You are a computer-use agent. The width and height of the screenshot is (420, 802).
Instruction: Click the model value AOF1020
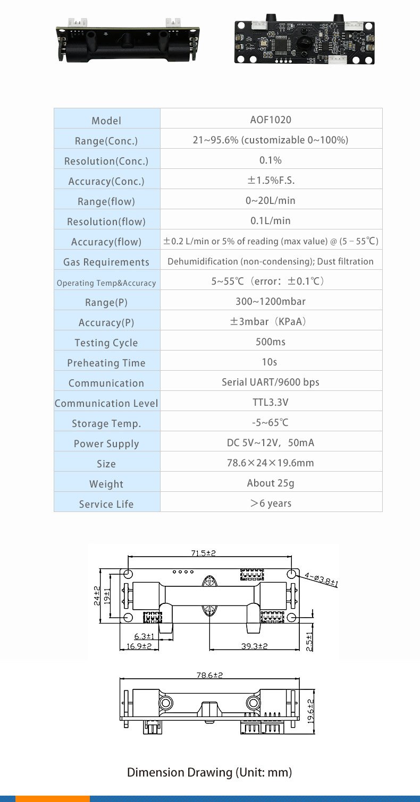[x=271, y=120]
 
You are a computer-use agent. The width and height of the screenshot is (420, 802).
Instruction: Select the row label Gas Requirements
[x=106, y=262]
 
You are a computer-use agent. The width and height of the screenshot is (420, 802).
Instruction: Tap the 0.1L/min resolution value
[x=271, y=220]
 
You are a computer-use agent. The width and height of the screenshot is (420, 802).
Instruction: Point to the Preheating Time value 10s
[x=270, y=362]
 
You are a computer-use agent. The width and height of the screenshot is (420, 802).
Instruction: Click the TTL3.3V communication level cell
[x=271, y=402]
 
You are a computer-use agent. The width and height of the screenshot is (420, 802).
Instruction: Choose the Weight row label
[x=106, y=484]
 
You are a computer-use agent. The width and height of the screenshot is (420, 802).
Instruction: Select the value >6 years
[x=271, y=503]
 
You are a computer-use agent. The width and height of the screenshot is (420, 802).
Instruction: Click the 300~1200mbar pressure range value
[x=271, y=302]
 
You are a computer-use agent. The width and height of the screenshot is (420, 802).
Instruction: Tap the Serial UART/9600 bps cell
[x=271, y=382]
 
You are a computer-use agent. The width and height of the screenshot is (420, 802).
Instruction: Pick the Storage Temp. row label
[x=106, y=423]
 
